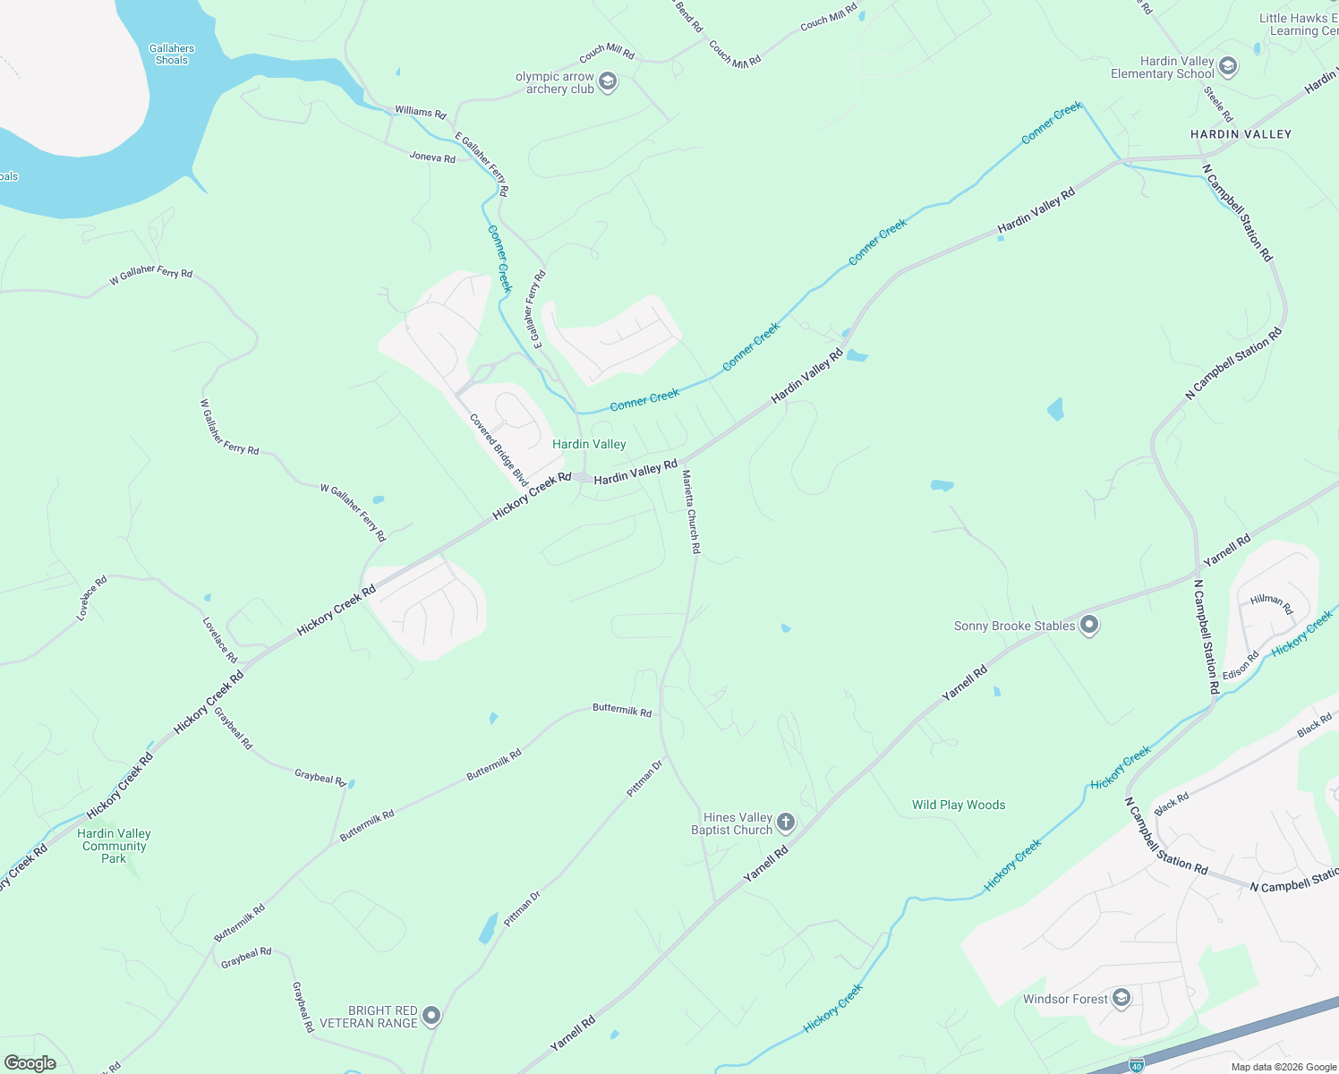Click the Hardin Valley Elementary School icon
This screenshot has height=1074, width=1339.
coord(1228,67)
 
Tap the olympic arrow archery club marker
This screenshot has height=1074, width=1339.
coord(608,82)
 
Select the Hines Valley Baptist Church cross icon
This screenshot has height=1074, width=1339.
coord(785,823)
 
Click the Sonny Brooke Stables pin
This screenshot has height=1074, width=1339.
coord(1088,626)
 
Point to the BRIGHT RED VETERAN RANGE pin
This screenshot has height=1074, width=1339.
coord(431,1016)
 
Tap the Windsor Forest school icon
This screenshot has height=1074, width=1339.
coord(1122,999)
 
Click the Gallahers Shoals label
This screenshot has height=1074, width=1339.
coord(172,55)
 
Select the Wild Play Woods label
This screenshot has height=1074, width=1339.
coord(959,805)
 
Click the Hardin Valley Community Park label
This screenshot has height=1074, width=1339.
coord(114,846)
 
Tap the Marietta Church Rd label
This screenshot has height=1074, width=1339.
coord(691,511)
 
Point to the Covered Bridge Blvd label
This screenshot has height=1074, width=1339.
coord(499,450)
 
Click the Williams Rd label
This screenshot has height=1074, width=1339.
coord(421,112)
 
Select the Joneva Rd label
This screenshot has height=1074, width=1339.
coord(432,158)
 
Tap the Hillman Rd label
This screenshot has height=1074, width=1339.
coord(1272,604)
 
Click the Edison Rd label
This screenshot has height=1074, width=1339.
coord(1241,665)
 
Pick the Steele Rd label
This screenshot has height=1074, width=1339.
coord(1218,104)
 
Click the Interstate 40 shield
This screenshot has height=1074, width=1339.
coord(1136,1065)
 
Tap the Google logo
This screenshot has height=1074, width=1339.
coord(30,1062)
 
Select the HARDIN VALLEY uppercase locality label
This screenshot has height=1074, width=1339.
coord(1241,134)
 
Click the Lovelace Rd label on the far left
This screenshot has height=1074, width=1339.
coord(91,598)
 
